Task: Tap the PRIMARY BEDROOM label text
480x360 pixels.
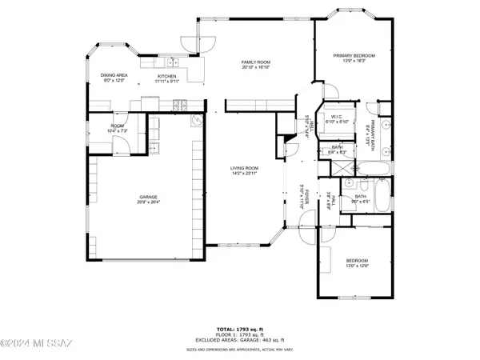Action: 353,54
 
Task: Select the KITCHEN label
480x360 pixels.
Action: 166,75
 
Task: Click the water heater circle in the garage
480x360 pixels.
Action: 195,122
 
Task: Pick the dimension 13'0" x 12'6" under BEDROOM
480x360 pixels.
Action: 357,266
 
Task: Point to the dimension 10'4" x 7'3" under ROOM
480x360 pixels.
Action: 118,130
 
